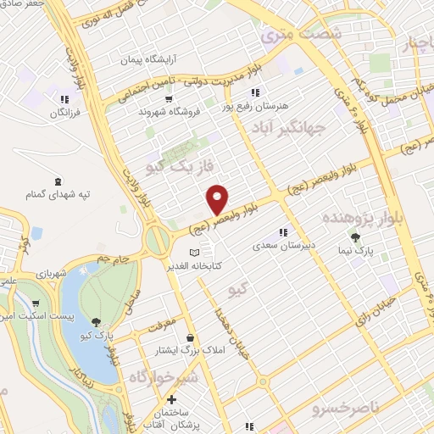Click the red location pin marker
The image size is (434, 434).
pyautogui.click(x=218, y=198)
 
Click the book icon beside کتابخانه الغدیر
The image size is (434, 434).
pyautogui.click(x=195, y=253)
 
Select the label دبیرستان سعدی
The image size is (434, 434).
pyautogui.click(x=283, y=247)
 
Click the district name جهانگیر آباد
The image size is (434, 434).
pyautogui.click(x=289, y=128)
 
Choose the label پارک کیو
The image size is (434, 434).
pyautogui.click(x=97, y=336)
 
